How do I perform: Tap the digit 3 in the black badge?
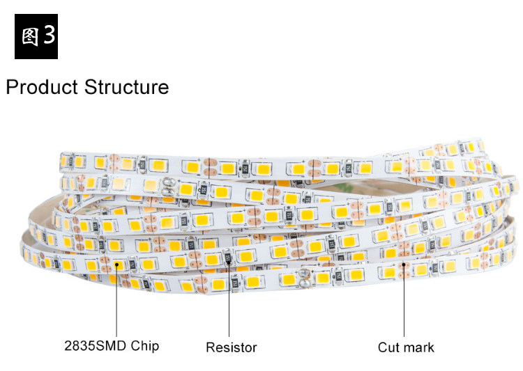point(48,37)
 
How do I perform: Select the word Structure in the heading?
point(126,88)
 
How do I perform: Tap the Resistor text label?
point(231,347)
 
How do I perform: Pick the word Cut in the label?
point(388,347)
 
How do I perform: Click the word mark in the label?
point(418,347)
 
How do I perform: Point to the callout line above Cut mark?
point(404,299)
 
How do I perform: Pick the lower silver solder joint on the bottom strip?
point(305,278)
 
